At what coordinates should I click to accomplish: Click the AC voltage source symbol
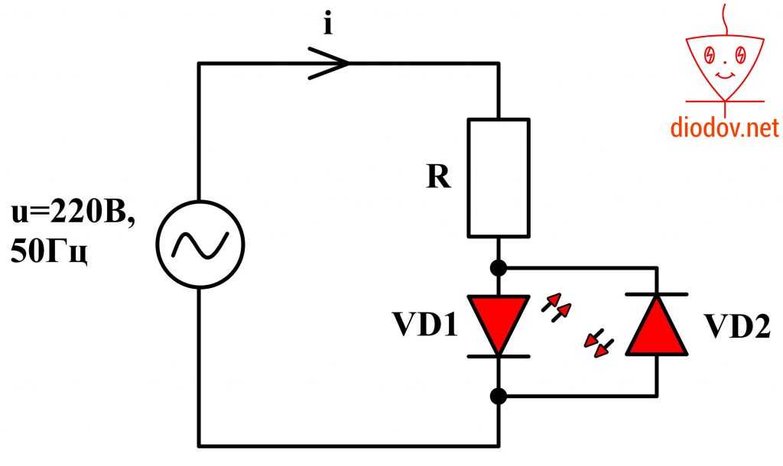coord(199,244)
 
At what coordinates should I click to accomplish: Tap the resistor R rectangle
coord(499,177)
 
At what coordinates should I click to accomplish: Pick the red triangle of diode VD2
coord(657,327)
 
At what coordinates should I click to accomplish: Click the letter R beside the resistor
coord(438,177)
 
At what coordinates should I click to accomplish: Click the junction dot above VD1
coord(499,268)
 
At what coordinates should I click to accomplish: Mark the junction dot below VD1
coord(499,396)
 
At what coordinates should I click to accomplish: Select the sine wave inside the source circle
coord(199,244)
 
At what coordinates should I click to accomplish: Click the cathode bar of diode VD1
coord(499,356)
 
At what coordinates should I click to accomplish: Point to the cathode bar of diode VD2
coord(657,294)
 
